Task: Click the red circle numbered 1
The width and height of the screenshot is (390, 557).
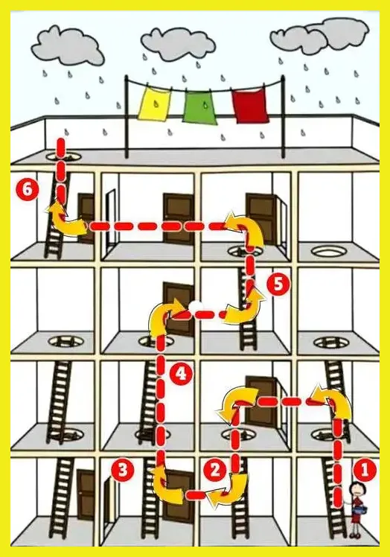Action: point(365,471)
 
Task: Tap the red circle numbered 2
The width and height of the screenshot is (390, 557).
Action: point(215,471)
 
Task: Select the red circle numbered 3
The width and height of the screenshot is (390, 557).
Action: point(122,471)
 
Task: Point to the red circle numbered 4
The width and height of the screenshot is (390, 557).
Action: point(181,374)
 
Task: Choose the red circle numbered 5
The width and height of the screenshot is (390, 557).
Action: point(278,284)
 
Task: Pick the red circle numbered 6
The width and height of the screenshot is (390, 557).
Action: point(28,189)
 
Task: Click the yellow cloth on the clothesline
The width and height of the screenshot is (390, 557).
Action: point(155,104)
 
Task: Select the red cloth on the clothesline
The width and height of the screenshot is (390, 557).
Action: point(249,106)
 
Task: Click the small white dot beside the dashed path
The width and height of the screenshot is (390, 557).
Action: point(196,306)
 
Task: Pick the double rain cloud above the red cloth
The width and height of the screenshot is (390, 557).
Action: point(320,36)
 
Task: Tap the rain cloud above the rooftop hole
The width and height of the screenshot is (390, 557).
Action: point(68,46)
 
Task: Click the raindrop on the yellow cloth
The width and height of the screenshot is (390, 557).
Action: point(156,104)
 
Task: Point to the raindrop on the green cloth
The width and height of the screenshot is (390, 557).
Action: point(205,105)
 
